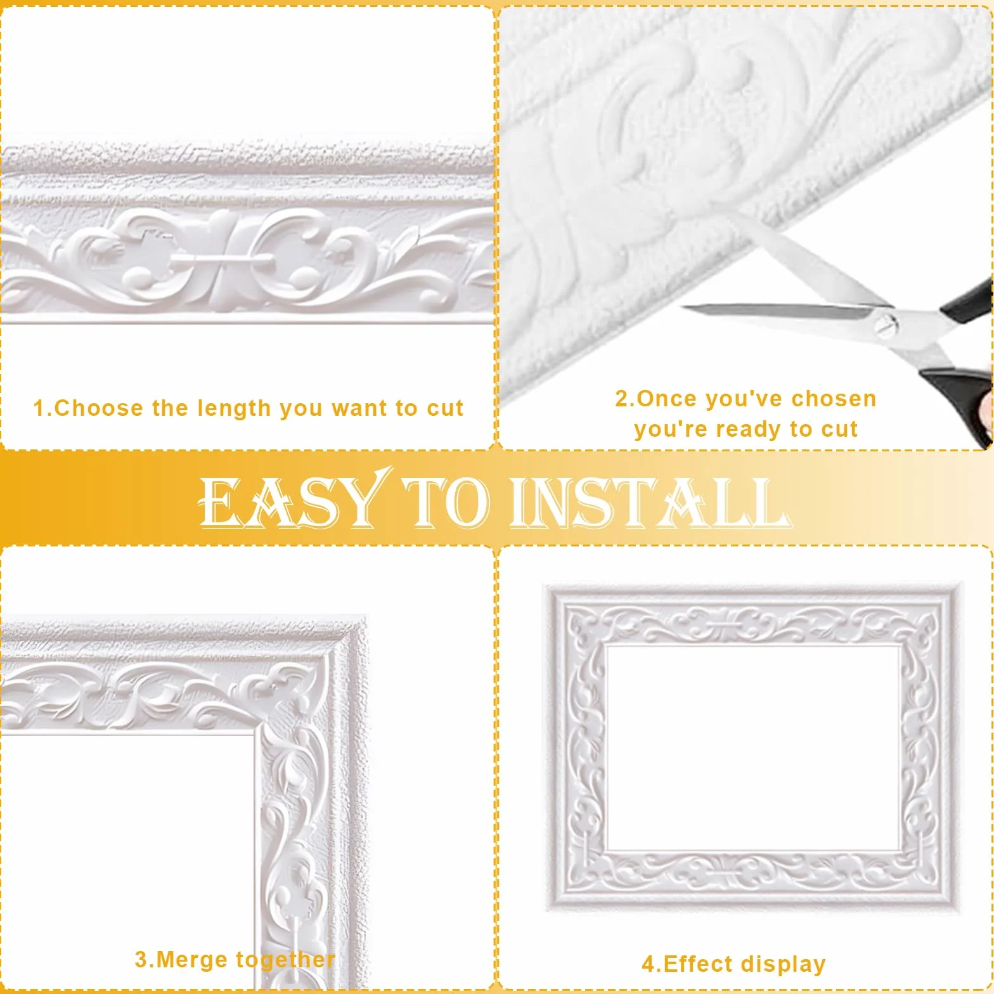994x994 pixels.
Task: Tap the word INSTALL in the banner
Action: tap(650, 503)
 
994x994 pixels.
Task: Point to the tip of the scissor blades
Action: tap(683, 308)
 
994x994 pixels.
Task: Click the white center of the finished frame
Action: tap(753, 748)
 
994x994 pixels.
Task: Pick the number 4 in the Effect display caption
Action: tap(649, 965)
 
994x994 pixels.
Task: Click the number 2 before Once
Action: tap(622, 399)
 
